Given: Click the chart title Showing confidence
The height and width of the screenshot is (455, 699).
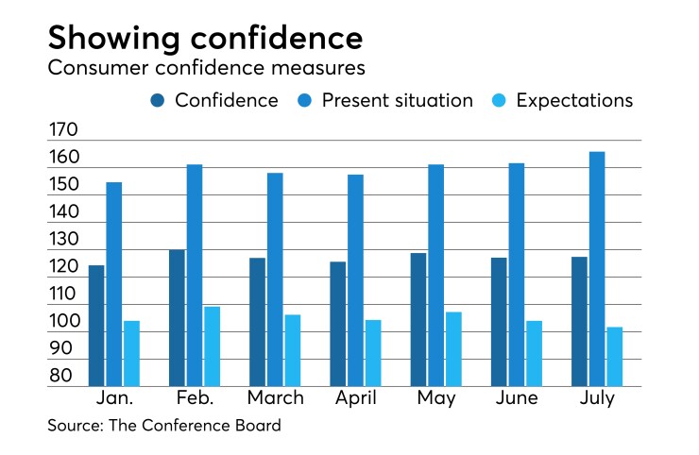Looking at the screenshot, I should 205,37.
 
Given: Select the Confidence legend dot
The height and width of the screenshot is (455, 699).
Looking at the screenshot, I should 157,101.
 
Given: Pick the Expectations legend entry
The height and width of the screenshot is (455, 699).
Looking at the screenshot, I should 574,101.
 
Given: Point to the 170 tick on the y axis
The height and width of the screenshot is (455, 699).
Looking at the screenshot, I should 65,130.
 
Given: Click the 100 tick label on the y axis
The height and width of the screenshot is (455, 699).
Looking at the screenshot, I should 65,322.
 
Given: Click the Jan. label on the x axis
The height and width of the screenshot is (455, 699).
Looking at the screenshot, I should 114,398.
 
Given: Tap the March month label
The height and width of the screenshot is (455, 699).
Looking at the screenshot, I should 275,398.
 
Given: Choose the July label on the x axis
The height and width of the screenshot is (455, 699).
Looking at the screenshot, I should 596,398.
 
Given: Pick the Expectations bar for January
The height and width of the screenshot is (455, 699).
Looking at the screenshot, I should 131,354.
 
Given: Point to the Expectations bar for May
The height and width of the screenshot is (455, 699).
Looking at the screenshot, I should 453,349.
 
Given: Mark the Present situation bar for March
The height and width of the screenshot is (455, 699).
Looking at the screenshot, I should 275,279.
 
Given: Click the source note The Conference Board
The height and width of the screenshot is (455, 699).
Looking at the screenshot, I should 164,426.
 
